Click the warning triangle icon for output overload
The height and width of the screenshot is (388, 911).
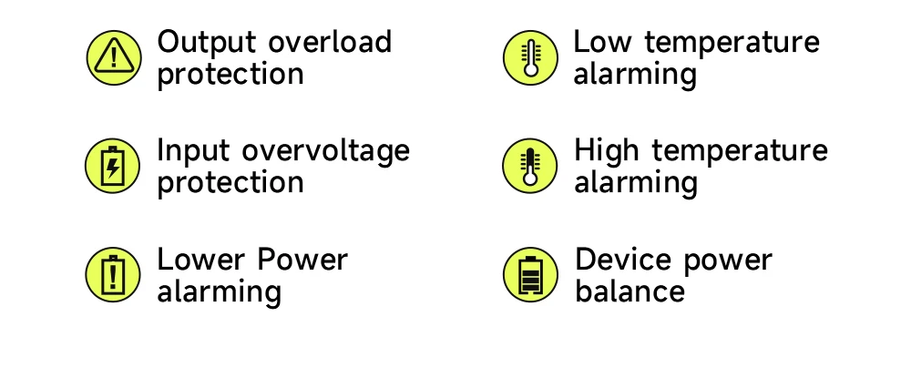coord(114,57)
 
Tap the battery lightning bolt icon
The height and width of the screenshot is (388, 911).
coord(113,166)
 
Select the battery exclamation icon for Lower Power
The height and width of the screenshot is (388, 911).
coord(113,274)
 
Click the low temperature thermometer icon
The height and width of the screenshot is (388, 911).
coord(530,57)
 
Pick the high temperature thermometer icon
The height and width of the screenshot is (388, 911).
coord(530,166)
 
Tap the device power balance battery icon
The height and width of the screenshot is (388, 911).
coord(530,274)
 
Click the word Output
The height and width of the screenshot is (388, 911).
coord(207,43)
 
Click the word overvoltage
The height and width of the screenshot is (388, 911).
coord(326,151)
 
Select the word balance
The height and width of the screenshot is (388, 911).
coord(630,291)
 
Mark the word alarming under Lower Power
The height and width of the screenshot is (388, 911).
coord(220,291)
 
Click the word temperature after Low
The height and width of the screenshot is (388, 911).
coord(732,43)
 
